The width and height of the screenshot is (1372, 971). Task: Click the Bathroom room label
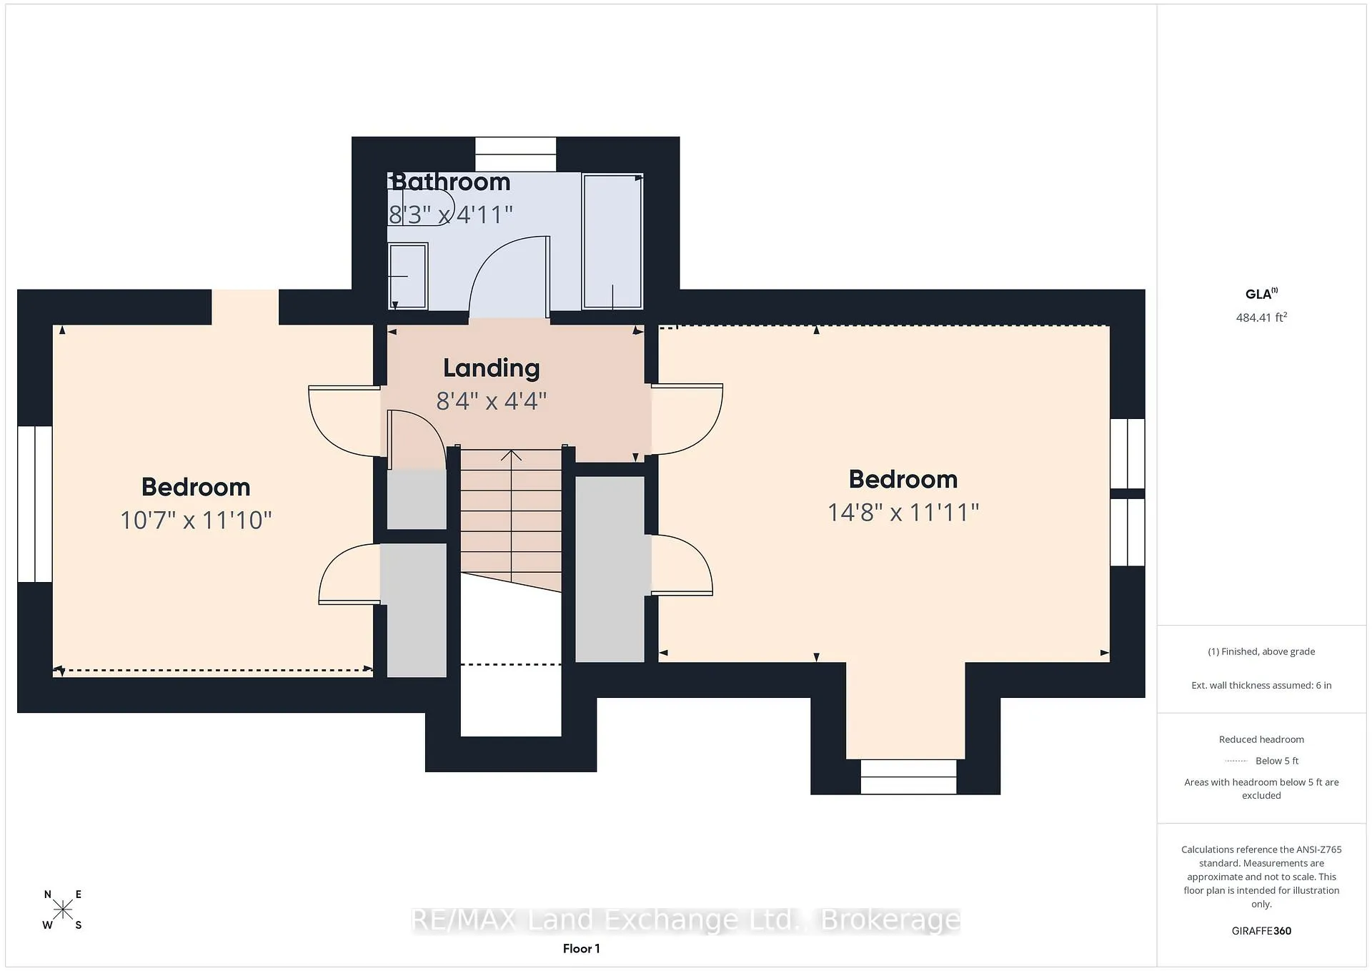click(x=451, y=182)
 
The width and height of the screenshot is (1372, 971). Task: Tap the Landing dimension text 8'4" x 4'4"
click(x=492, y=400)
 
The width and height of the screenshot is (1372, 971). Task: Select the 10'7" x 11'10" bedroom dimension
click(x=196, y=520)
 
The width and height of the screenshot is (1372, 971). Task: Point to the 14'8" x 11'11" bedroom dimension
click(x=903, y=512)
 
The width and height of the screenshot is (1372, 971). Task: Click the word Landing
click(x=492, y=368)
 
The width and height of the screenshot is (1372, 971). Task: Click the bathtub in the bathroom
click(x=613, y=241)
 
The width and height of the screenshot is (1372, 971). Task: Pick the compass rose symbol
click(x=63, y=910)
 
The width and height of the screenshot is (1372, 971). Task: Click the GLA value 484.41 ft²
click(x=1261, y=317)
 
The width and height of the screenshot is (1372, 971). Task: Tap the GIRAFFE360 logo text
click(x=1261, y=931)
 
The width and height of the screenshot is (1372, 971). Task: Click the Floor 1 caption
click(x=582, y=949)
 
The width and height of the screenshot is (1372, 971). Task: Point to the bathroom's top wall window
click(x=515, y=154)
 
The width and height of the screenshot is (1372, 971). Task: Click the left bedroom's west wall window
click(x=35, y=504)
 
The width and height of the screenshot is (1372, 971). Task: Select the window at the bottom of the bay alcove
click(x=908, y=777)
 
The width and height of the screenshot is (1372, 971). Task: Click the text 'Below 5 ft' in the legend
click(x=1277, y=761)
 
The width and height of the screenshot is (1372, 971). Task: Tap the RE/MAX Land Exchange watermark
click(x=686, y=920)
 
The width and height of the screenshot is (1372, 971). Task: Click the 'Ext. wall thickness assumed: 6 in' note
click(x=1261, y=685)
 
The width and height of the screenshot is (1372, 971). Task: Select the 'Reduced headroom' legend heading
click(x=1261, y=739)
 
